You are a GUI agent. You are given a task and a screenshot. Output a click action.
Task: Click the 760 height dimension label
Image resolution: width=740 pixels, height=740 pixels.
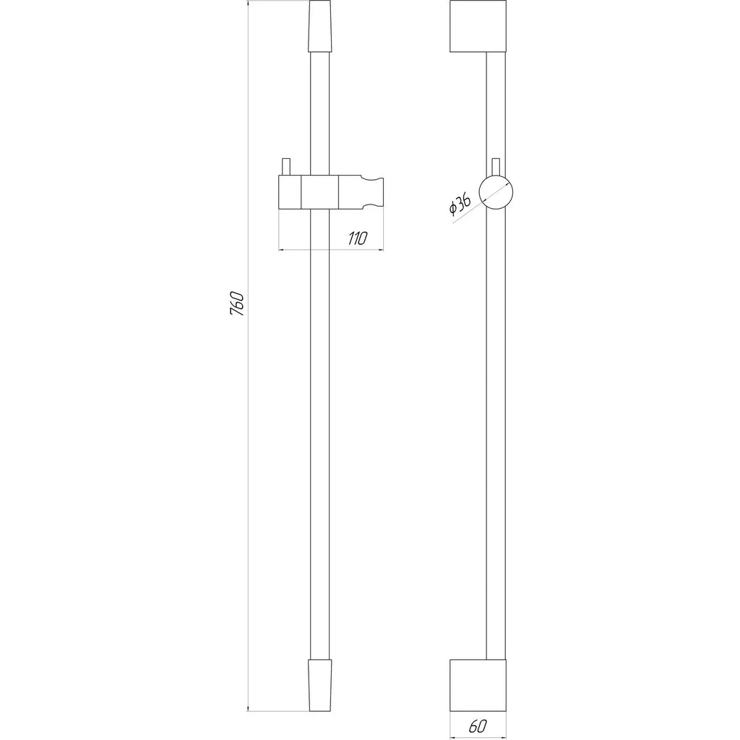237,304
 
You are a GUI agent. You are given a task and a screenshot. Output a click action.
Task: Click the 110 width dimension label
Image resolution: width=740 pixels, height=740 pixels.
357,238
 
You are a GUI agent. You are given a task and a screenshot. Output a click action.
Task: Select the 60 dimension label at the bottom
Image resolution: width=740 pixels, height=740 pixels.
478,726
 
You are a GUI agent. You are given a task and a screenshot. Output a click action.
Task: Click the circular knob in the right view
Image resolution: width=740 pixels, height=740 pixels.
496,192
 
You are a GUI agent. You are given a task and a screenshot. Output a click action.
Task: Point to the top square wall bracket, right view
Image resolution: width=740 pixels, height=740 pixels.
478,27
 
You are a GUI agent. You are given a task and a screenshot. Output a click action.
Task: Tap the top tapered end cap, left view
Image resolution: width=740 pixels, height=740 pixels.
319,27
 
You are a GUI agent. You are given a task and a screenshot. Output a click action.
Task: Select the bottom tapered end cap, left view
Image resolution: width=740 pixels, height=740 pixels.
319,685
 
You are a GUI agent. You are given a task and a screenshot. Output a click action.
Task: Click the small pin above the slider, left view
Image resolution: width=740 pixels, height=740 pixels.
285,167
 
